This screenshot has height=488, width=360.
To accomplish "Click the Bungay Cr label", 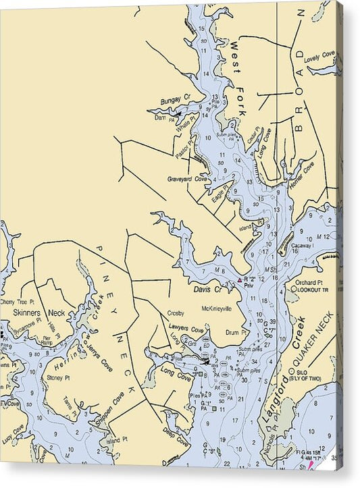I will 176,100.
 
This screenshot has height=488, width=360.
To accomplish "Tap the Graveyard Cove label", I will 188,179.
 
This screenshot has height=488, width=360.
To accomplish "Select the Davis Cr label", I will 207,289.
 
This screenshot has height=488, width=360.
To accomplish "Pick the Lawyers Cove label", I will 186,328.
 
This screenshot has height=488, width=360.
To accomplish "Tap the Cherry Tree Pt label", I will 16,302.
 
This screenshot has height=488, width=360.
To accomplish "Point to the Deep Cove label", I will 176,439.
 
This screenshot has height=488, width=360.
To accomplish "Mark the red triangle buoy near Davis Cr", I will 239,279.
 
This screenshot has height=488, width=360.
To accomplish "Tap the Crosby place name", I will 176,313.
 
